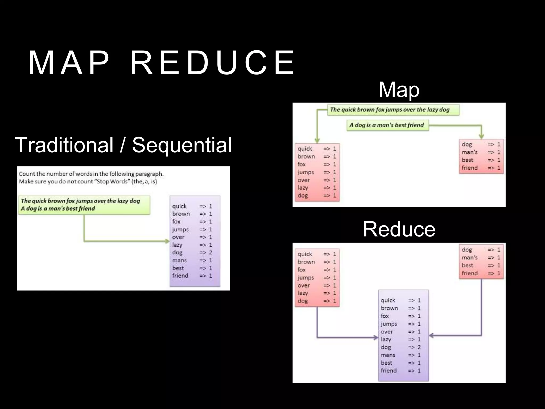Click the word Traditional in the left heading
(x=64, y=145)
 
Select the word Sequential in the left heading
(x=182, y=145)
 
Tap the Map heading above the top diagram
(x=399, y=90)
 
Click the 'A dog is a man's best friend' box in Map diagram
(x=387, y=125)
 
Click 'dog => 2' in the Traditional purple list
(x=192, y=252)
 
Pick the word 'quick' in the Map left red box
(x=305, y=149)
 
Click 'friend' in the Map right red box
(x=470, y=168)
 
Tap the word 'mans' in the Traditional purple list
(x=179, y=260)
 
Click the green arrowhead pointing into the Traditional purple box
(x=167, y=241)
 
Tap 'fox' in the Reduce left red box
(x=302, y=270)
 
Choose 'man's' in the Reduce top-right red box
(x=470, y=257)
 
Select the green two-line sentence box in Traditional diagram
(x=84, y=205)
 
